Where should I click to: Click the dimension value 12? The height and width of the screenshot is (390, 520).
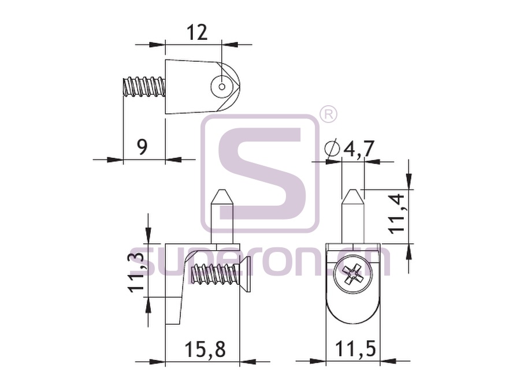(x=197, y=32)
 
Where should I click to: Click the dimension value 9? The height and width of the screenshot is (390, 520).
(x=142, y=147)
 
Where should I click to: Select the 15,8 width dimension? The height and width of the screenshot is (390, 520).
(x=205, y=349)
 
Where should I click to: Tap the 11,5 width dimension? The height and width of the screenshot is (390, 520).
(x=355, y=349)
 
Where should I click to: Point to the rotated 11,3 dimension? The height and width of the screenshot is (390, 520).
(x=136, y=272)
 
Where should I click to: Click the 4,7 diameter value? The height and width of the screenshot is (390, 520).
(x=359, y=148)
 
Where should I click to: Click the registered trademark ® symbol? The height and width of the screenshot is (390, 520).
(x=328, y=114)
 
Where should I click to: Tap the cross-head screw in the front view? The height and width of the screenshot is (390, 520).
(x=353, y=274)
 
